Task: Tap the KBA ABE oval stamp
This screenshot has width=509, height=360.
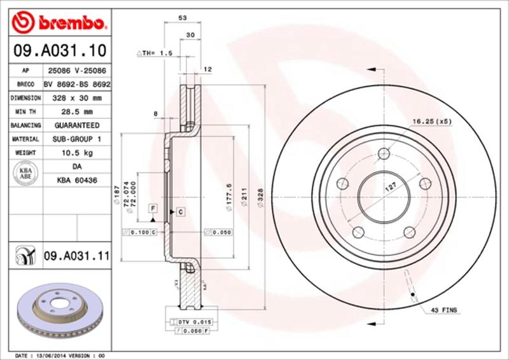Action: click(26, 174)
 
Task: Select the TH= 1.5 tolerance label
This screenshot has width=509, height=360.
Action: click(156, 53)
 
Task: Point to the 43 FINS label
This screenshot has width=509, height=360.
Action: click(443, 310)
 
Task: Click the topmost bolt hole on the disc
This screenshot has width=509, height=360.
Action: click(383, 153)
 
